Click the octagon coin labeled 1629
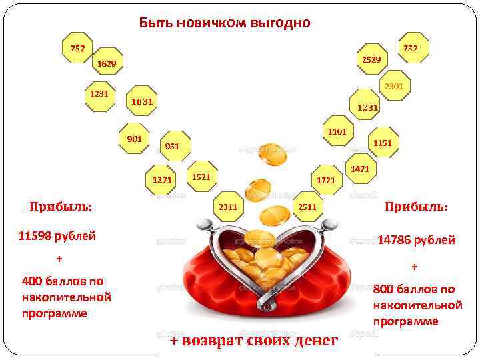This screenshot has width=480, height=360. click(x=107, y=63)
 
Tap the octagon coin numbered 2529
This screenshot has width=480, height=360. click(x=371, y=60)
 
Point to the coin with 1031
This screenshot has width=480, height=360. click(x=141, y=101)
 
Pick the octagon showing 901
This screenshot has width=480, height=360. click(x=134, y=139)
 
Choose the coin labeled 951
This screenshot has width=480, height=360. click(x=173, y=146)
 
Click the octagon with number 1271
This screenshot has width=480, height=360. click(x=162, y=179)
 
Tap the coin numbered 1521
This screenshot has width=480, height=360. click(x=201, y=177)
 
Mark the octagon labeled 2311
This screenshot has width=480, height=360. click(x=228, y=207)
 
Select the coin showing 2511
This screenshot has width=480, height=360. click(x=307, y=207)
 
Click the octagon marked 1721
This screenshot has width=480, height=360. click(x=326, y=180)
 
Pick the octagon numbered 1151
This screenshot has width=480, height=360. click(x=383, y=143)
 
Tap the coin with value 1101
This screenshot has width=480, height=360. click(x=337, y=132)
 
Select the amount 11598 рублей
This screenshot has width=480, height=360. click(x=57, y=235)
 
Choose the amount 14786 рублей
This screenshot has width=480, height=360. click(x=416, y=240)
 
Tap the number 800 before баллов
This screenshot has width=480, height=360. click(x=386, y=289)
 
